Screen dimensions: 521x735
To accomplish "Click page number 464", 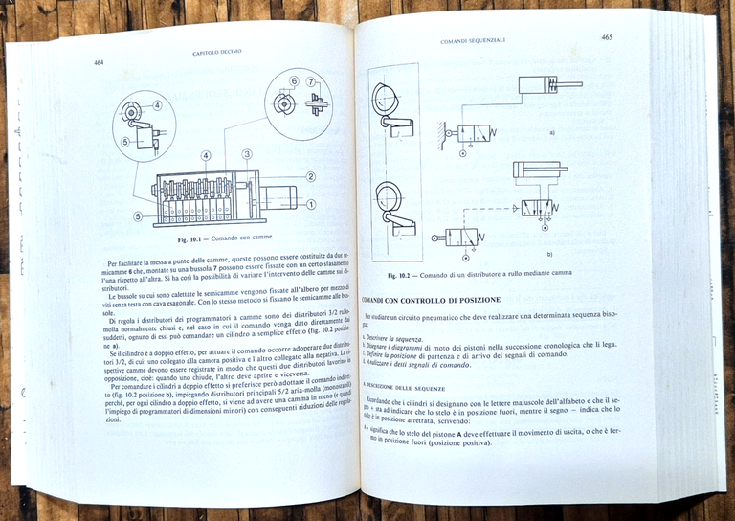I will point(99,63).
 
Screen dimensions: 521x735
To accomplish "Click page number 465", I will point(607,37).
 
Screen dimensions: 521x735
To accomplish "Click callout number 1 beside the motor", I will point(310,203).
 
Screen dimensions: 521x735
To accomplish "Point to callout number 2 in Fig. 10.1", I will point(310,176).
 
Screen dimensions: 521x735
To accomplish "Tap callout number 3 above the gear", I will point(247,154).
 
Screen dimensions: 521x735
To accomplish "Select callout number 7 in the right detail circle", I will point(312,82).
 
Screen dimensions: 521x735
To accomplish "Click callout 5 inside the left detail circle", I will point(125,142).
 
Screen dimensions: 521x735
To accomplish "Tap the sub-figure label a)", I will point(551,132).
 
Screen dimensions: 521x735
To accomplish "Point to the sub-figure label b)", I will point(549,254).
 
